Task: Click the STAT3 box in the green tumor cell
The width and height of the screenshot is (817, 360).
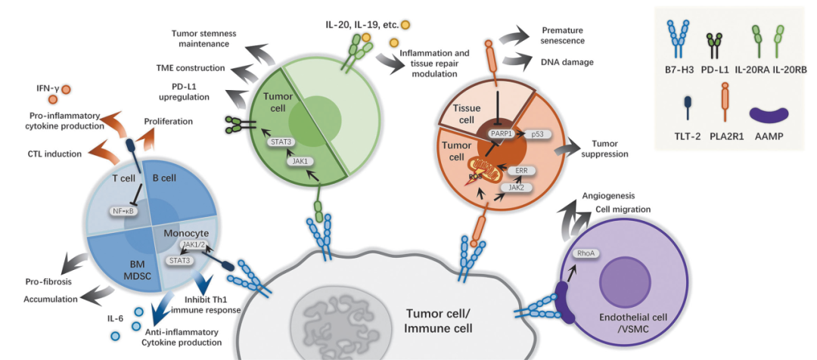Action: point(276,141)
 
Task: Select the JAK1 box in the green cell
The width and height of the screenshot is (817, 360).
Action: point(297,162)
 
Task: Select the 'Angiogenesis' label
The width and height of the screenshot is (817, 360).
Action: point(609,197)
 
